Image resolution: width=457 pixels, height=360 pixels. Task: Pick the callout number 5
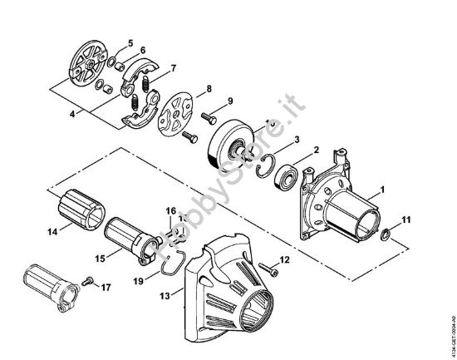coord(129,42)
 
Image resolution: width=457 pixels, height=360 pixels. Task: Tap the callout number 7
coord(172,67)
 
